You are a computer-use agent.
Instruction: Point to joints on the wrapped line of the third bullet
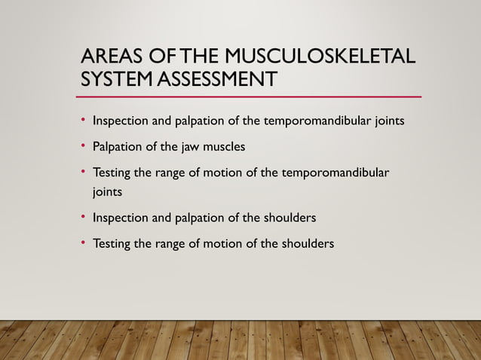coord(107,192)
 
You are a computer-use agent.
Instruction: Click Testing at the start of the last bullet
coord(113,244)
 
